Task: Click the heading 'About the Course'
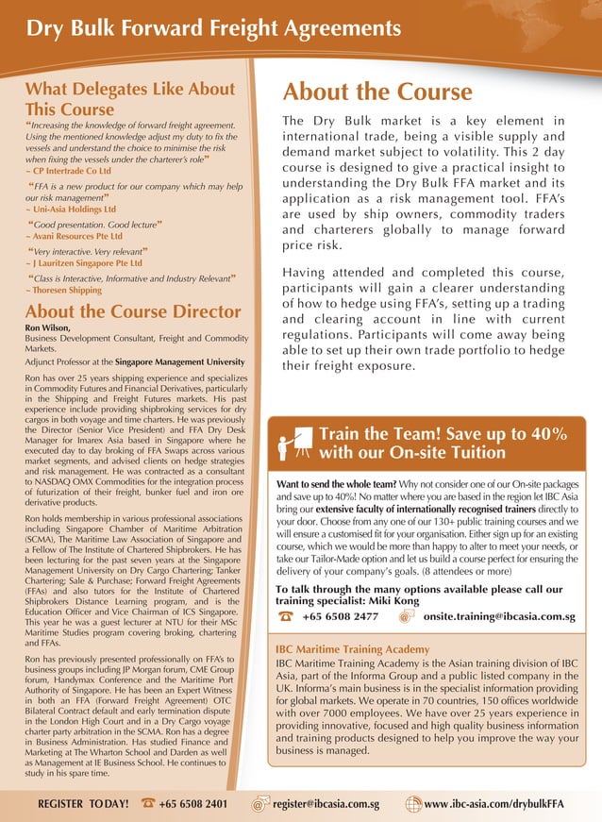377,92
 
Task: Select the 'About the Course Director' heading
133,312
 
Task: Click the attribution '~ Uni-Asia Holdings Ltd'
72,210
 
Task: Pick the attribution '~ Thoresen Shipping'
63,291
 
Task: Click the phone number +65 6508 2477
341,617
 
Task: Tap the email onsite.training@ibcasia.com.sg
499,617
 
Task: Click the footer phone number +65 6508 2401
192,804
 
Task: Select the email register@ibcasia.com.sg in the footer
326,804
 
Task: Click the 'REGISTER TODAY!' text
83,804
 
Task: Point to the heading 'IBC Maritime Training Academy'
351,650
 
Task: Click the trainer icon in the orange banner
295,443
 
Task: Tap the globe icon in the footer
412,804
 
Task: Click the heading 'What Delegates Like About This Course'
130,99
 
